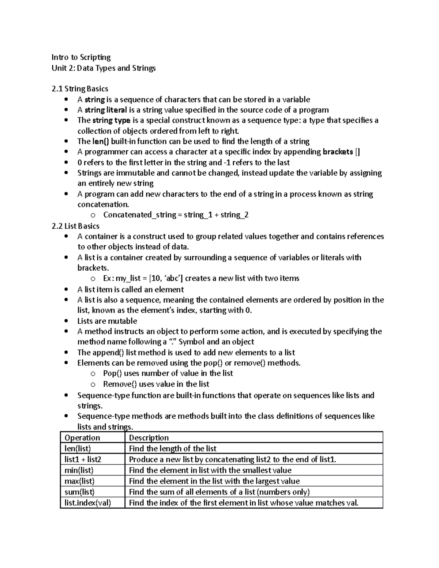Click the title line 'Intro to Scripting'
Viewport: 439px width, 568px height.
coord(81,57)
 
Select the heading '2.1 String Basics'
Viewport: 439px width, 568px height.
coord(80,89)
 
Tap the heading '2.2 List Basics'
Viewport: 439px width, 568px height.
coord(76,226)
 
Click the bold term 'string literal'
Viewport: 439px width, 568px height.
coord(106,110)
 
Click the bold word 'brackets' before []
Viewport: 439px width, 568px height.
coord(338,152)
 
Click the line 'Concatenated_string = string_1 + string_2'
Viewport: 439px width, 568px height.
coord(176,215)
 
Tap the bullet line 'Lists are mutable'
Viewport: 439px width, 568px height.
coord(107,321)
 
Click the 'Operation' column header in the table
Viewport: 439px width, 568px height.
coord(82,438)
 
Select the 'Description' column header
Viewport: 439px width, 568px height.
coord(149,438)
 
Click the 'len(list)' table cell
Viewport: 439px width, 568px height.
coord(78,448)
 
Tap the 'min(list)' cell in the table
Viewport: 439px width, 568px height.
coord(79,470)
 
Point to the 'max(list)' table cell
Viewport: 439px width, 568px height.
coord(79,481)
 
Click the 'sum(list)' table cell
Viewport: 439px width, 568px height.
coord(79,492)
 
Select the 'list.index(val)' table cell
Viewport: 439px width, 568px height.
coord(87,503)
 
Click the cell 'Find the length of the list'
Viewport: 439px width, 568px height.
coord(173,448)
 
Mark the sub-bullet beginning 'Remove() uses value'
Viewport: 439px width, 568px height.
coord(156,384)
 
